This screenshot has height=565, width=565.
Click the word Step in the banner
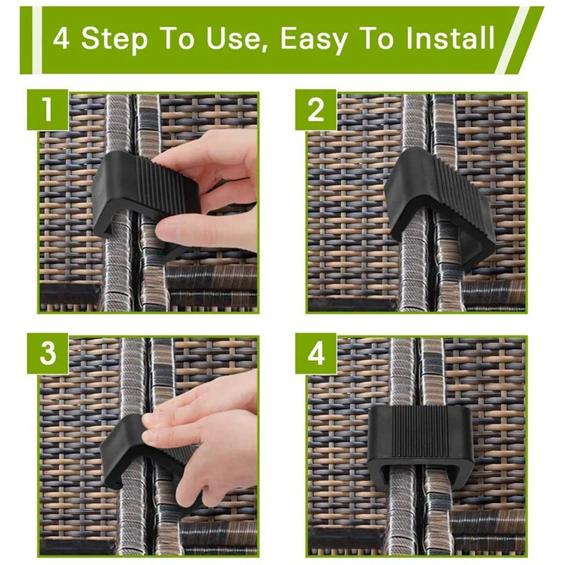click(x=114, y=40)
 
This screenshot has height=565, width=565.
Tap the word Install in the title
click(x=450, y=37)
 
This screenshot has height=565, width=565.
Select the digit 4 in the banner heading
click(x=61, y=38)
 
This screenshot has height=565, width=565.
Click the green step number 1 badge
click(x=47, y=109)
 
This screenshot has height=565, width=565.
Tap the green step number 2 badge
click(x=316, y=109)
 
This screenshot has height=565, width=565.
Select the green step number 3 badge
click(x=47, y=354)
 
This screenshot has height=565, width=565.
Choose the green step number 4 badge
click(x=316, y=354)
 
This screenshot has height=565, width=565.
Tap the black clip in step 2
click(x=438, y=202)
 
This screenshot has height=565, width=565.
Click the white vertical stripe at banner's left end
click(x=37, y=40)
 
